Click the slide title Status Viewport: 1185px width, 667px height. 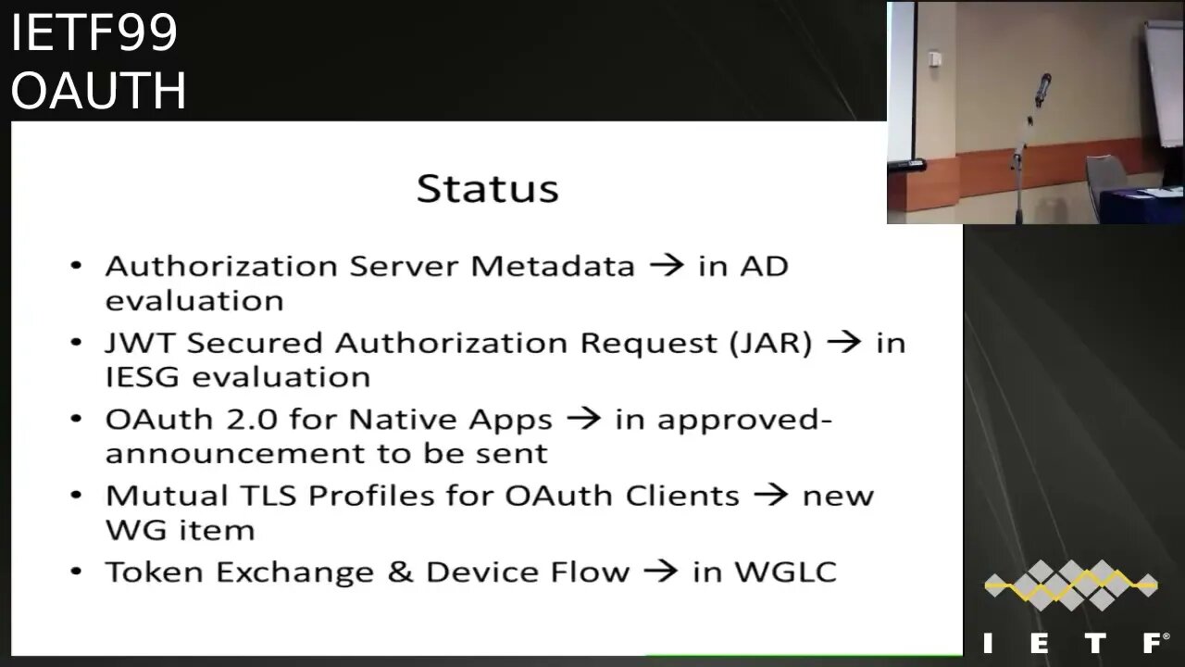pos(487,188)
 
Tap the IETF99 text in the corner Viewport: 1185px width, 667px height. pos(94,34)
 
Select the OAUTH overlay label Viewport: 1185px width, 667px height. pos(98,91)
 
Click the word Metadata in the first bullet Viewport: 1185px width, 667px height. pos(553,266)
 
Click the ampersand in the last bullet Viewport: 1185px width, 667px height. pos(400,571)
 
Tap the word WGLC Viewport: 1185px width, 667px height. pos(785,571)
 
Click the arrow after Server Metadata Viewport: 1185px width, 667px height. pos(667,267)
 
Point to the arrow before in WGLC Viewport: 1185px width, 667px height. pos(661,572)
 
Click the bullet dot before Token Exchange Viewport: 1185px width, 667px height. pos(77,572)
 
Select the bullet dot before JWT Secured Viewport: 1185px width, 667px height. pos(77,343)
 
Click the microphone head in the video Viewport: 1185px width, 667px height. pos(1043,86)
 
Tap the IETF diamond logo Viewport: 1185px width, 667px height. pos(1071,585)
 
